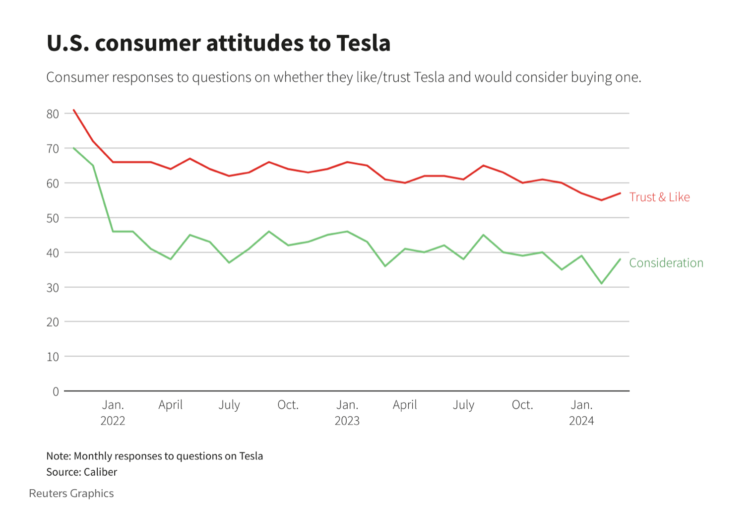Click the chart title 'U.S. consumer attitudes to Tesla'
click(218, 43)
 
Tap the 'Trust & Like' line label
click(659, 197)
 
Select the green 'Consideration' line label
click(666, 263)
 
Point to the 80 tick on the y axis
click(53, 114)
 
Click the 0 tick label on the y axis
click(56, 391)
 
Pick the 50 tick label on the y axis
click(53, 218)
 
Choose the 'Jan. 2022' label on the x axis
click(113, 412)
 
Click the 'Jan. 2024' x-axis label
click(581, 412)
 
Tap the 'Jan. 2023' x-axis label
click(347, 412)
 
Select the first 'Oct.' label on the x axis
click(288, 405)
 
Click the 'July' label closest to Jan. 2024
click(463, 405)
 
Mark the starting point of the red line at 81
click(74, 110)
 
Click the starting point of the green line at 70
click(74, 148)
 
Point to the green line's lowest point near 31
click(601, 283)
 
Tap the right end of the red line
click(620, 193)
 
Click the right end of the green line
click(620, 259)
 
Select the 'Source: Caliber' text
click(82, 472)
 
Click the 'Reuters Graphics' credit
click(71, 493)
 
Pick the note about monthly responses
click(154, 456)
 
